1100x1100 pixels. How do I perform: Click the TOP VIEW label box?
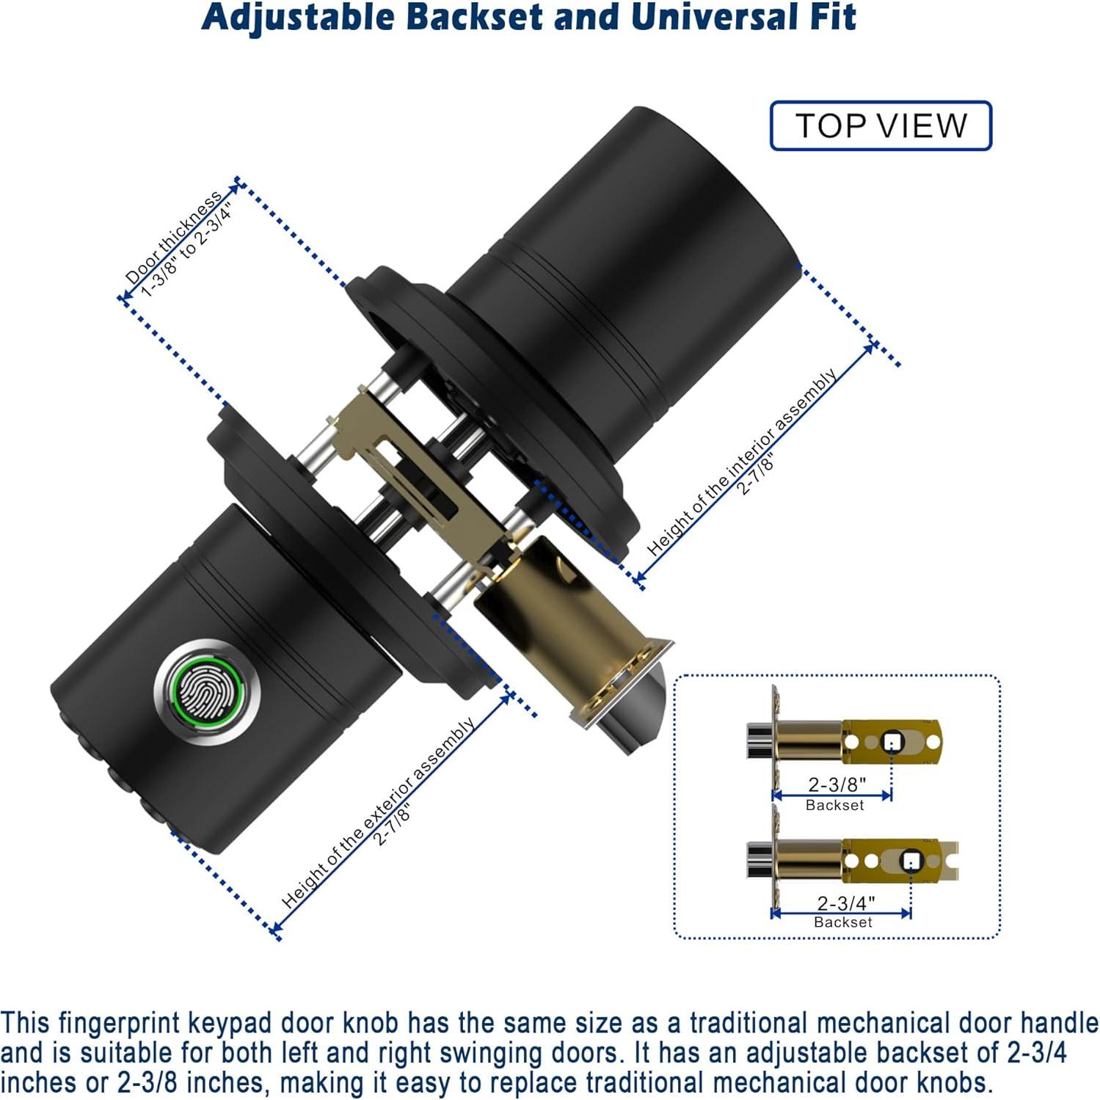pos(881,125)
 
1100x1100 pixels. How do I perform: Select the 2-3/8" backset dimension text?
pos(837,784)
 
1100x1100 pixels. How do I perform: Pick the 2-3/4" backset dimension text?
pos(846,903)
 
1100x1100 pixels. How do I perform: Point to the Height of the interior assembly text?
pos(742,462)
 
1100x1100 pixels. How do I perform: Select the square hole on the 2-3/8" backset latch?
pos(892,742)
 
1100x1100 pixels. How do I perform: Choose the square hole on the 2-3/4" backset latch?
pos(911,860)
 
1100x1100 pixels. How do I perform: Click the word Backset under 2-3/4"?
pos(843,922)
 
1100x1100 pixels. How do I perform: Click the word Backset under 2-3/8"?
pos(835,805)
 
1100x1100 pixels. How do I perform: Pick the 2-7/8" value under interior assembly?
pos(755,476)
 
